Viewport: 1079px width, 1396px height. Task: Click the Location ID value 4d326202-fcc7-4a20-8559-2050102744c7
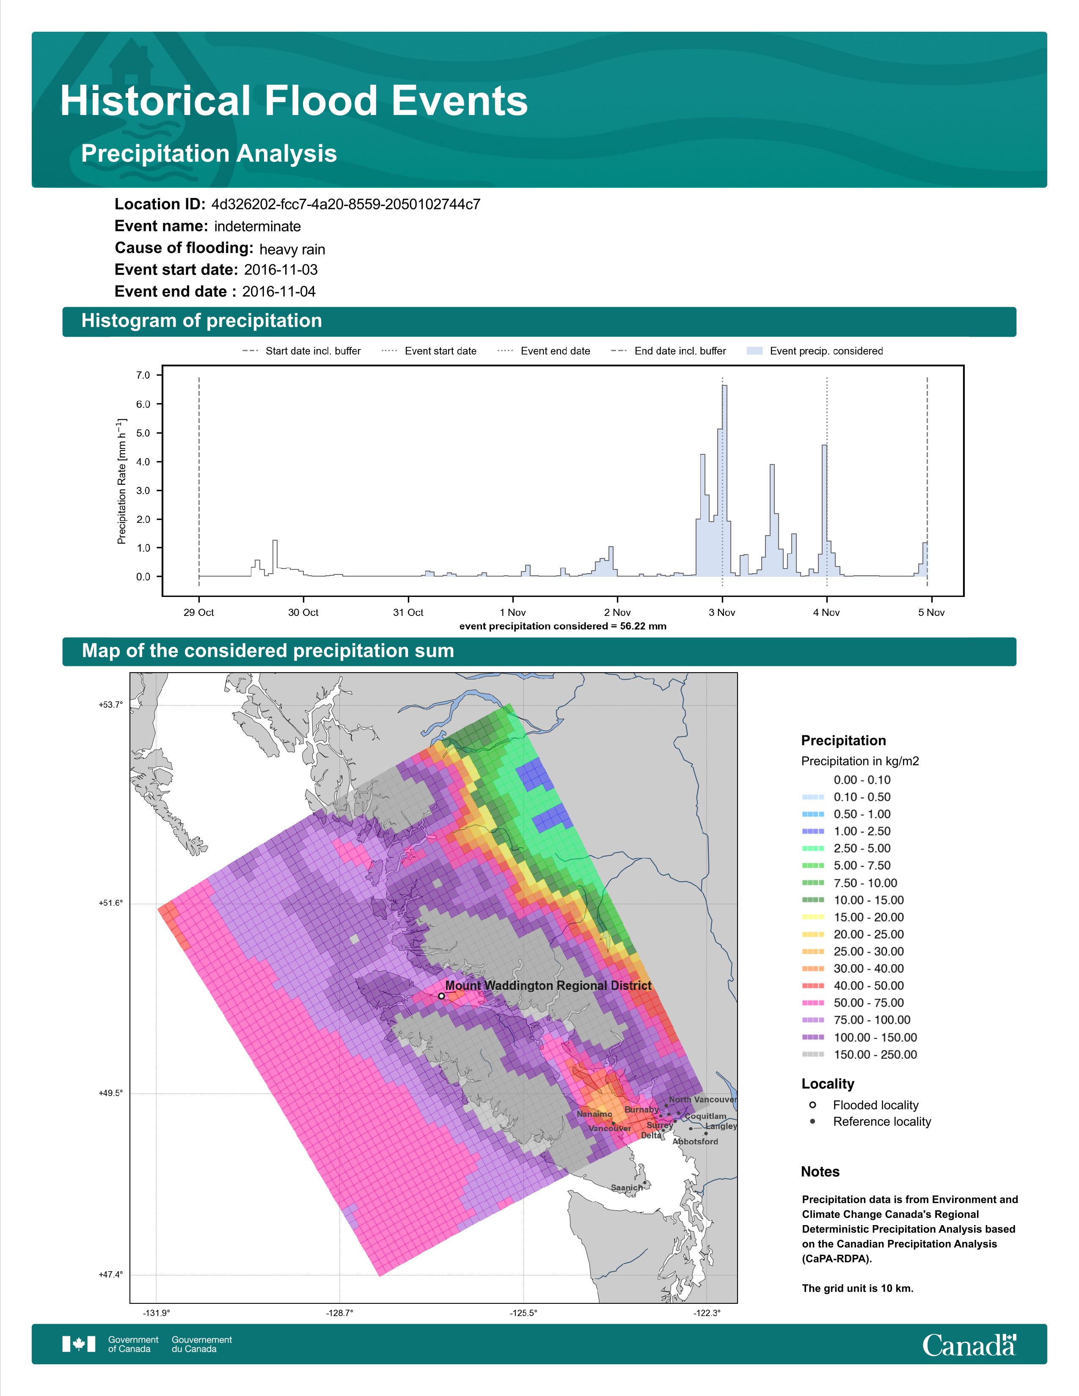click(346, 205)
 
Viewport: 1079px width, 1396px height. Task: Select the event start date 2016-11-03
click(281, 270)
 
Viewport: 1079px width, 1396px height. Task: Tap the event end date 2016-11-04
click(279, 291)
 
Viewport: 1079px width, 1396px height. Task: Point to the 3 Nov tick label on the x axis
click(722, 613)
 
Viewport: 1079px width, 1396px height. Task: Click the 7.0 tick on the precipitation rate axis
click(143, 375)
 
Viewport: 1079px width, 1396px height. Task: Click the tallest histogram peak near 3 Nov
click(725, 386)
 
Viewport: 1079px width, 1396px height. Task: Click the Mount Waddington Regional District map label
click(548, 986)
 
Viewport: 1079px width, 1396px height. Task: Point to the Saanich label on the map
click(626, 1187)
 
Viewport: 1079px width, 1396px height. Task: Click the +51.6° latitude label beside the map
click(110, 903)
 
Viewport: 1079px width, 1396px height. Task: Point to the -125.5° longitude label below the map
click(523, 1313)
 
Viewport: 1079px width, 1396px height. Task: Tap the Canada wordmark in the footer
click(969, 1345)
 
